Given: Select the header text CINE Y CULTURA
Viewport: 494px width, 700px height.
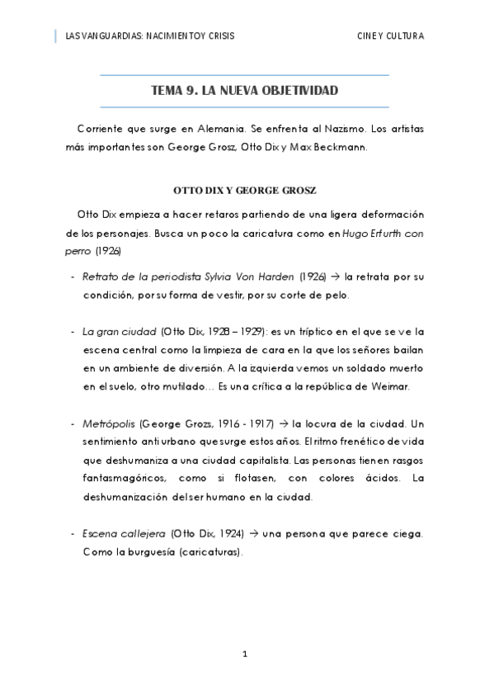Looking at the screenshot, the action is [390, 36].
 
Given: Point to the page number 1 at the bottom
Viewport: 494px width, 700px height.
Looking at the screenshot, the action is [245, 655].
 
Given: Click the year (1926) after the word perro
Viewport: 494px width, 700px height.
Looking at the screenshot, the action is [107, 249].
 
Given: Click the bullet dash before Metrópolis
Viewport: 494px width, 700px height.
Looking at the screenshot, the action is [73, 423].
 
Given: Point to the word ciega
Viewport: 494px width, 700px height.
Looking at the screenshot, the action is [407, 534].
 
